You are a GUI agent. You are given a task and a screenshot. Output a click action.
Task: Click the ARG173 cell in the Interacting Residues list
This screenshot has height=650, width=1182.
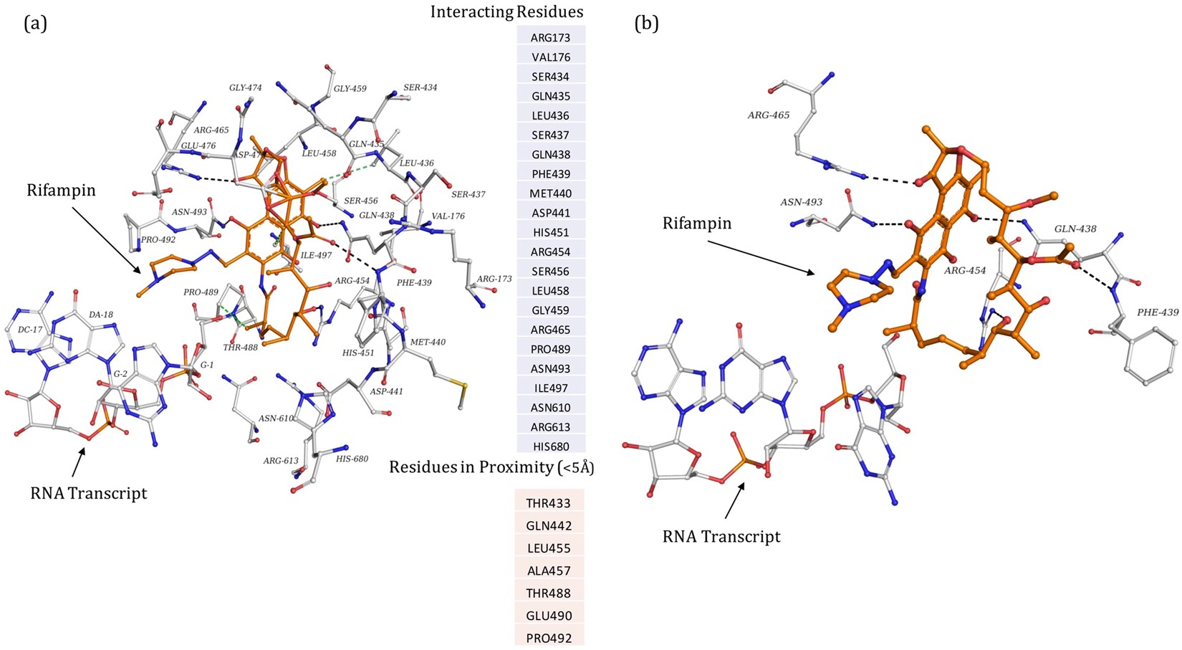(x=550, y=37)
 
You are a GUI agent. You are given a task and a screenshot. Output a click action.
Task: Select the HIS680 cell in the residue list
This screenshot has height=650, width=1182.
(x=550, y=446)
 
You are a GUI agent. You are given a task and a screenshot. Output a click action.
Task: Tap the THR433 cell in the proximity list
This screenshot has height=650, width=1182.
(x=549, y=503)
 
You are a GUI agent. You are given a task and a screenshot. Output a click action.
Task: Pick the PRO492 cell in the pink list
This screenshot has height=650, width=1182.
(x=549, y=637)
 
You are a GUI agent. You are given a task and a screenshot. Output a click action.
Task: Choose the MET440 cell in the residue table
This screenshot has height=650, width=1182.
(x=550, y=193)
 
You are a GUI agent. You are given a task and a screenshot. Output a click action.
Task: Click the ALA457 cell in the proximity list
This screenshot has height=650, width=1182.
(x=549, y=570)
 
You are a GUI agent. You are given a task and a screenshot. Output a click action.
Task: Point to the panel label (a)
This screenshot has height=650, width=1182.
(x=35, y=23)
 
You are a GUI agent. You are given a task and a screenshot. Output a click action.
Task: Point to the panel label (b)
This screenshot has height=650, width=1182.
(x=646, y=23)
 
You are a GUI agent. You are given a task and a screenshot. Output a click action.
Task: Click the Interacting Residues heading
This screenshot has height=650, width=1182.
(x=506, y=11)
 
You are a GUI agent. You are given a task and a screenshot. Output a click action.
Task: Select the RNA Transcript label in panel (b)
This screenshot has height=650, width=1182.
(x=721, y=536)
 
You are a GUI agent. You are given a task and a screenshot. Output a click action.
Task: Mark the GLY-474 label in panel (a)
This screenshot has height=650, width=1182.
(x=245, y=87)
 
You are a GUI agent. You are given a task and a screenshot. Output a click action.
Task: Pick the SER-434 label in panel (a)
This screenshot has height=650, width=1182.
(x=420, y=87)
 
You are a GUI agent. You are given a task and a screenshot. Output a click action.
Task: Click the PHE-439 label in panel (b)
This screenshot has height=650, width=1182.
(x=1158, y=312)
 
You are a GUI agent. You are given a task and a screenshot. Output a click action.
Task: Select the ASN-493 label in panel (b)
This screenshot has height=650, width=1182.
(x=801, y=203)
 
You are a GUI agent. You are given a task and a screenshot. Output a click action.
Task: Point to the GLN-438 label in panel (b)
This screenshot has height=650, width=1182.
(x=1075, y=229)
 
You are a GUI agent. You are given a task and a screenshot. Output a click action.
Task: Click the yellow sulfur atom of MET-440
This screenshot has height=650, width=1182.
(x=464, y=388)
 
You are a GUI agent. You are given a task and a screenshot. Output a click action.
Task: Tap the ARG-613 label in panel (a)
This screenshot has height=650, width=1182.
(x=280, y=461)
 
